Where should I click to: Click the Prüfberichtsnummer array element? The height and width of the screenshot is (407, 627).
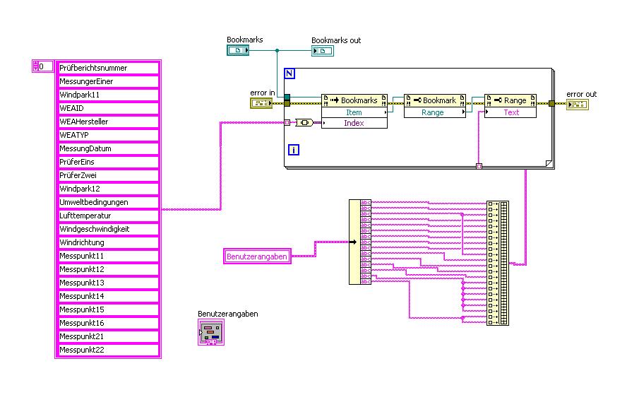(107, 68)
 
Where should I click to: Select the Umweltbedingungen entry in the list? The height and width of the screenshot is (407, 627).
(107, 202)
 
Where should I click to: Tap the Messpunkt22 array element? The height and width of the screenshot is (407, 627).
(107, 350)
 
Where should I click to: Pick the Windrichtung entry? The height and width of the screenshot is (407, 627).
(107, 242)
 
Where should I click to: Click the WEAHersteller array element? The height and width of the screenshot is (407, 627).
(107, 122)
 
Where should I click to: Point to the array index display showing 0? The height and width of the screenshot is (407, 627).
(45, 66)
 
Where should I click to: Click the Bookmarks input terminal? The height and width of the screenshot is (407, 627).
(238, 51)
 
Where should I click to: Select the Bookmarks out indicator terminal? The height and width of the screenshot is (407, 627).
(323, 51)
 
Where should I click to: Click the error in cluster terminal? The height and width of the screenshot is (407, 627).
(261, 104)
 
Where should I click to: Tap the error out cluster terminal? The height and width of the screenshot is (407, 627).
(578, 105)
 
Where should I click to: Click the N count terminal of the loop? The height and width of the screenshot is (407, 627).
(289, 73)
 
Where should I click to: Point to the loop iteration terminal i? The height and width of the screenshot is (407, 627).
(294, 149)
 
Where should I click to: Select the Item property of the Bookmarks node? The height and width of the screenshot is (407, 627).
(354, 112)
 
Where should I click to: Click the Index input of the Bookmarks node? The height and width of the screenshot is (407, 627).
(354, 123)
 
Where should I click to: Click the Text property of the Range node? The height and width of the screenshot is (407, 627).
(511, 112)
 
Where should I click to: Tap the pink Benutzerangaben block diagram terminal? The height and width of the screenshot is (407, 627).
(258, 256)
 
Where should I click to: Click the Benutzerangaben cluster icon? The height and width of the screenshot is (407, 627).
(211, 332)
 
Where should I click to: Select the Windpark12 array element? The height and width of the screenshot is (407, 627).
(107, 189)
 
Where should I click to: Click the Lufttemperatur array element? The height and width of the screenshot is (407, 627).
(107, 216)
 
